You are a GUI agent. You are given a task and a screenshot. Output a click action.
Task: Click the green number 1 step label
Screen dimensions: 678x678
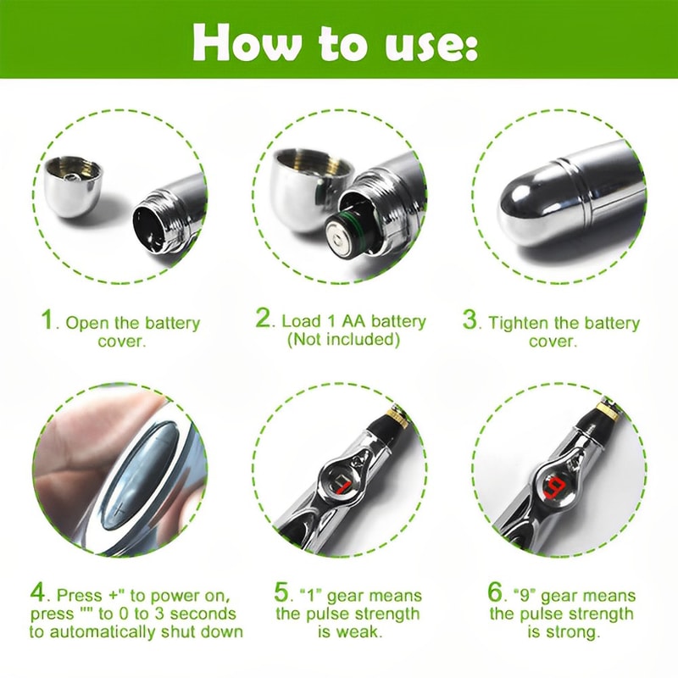[50, 321]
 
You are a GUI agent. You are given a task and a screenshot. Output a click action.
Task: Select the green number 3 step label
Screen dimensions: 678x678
[470, 321]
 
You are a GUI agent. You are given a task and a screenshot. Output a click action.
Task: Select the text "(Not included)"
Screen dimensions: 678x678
[342, 340]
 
